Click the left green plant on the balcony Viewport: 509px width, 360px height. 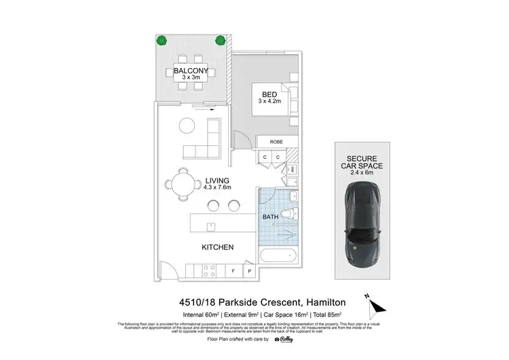[162, 40]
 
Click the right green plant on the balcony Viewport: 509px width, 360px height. [220, 40]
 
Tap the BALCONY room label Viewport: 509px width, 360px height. [191, 70]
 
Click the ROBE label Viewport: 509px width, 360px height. [275, 142]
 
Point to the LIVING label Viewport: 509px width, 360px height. [218, 180]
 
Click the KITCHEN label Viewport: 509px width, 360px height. [218, 247]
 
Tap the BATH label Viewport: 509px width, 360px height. [270, 217]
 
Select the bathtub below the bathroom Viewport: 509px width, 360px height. [278, 257]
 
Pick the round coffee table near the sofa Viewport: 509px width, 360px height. [186, 125]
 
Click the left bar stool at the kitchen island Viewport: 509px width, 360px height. [214, 204]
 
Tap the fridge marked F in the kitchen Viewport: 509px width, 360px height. [233, 271]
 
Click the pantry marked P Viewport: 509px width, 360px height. [249, 271]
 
